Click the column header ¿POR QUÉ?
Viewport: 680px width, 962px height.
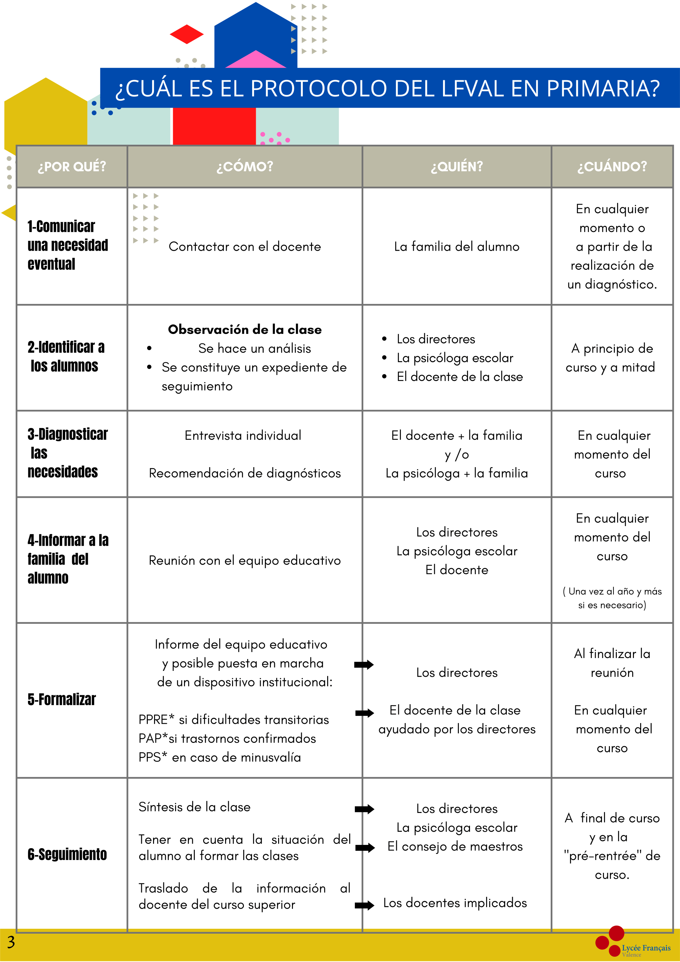click(72, 167)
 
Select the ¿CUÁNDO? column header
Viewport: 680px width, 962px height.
click(612, 167)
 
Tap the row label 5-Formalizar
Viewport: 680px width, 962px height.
click(62, 699)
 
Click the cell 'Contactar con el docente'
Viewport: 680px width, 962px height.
click(245, 247)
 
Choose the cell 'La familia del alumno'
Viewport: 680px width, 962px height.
click(457, 247)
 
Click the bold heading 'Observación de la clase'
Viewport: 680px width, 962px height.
click(245, 330)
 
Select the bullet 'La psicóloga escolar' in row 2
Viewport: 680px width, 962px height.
click(455, 358)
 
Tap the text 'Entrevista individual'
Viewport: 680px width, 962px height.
click(243, 436)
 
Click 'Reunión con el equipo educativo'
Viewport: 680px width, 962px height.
click(245, 561)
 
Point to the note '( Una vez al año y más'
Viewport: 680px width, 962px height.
click(612, 591)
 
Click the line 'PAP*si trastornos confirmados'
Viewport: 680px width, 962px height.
click(227, 738)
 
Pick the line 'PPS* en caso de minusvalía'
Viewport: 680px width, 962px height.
click(220, 757)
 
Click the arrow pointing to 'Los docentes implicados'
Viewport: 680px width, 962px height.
click(364, 905)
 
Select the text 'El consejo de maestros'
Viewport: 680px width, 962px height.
click(455, 847)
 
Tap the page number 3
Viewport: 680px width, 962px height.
click(11, 942)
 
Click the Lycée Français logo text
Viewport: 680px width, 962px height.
click(646, 948)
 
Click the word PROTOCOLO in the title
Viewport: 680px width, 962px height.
click(320, 89)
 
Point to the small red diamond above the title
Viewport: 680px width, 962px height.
click(187, 34)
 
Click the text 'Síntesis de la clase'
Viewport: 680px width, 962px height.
click(195, 807)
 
